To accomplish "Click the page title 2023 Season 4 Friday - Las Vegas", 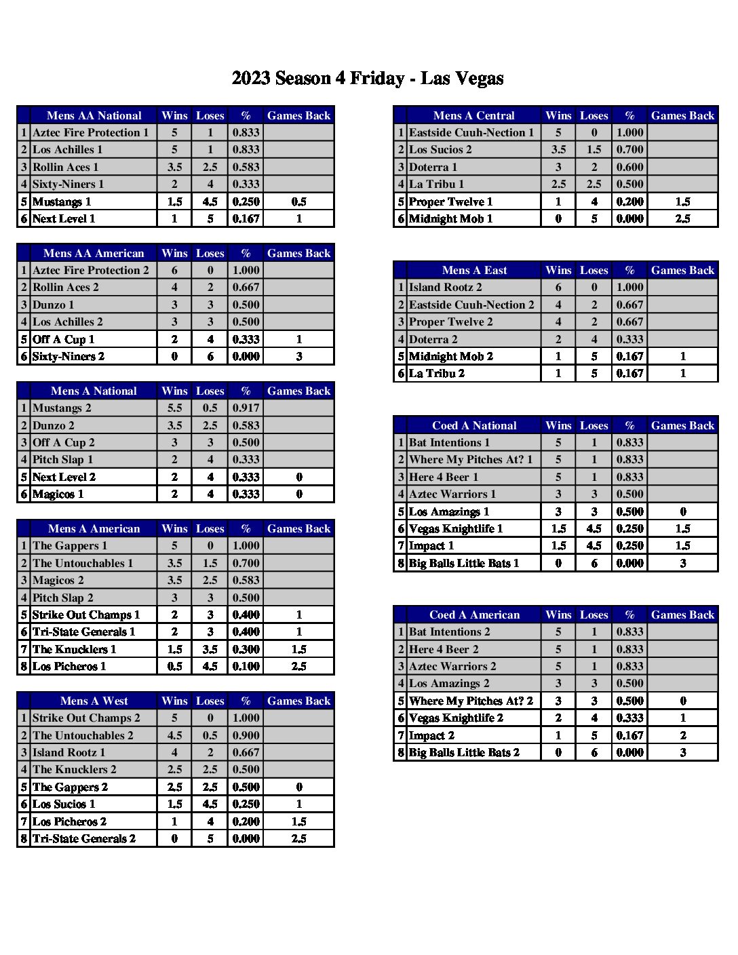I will click(x=368, y=79).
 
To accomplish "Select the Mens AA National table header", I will click(x=94, y=115).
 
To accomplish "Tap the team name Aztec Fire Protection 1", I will click(x=90, y=133).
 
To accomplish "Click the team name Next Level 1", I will click(x=64, y=218).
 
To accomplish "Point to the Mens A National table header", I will click(x=94, y=391).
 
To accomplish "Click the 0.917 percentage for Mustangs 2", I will click(x=246, y=408).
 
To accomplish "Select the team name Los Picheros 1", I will click(x=69, y=666).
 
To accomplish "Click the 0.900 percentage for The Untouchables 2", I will click(x=246, y=735).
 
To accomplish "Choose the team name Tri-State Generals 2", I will click(x=84, y=838).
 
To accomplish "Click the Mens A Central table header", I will click(x=473, y=115).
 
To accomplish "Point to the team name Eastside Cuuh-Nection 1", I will click(x=471, y=133).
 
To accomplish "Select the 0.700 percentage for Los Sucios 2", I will click(x=629, y=150).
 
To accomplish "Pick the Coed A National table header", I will click(x=474, y=425).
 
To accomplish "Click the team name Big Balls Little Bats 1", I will click(x=464, y=563).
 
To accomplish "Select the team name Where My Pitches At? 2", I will click(x=471, y=701).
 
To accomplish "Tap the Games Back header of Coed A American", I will click(x=682, y=615).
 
